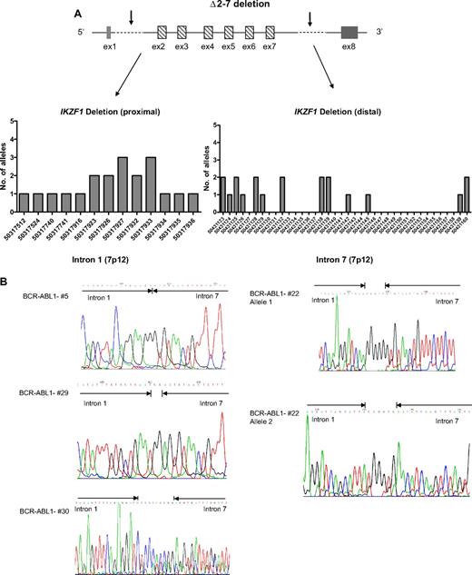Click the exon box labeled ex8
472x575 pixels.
click(349, 31)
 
